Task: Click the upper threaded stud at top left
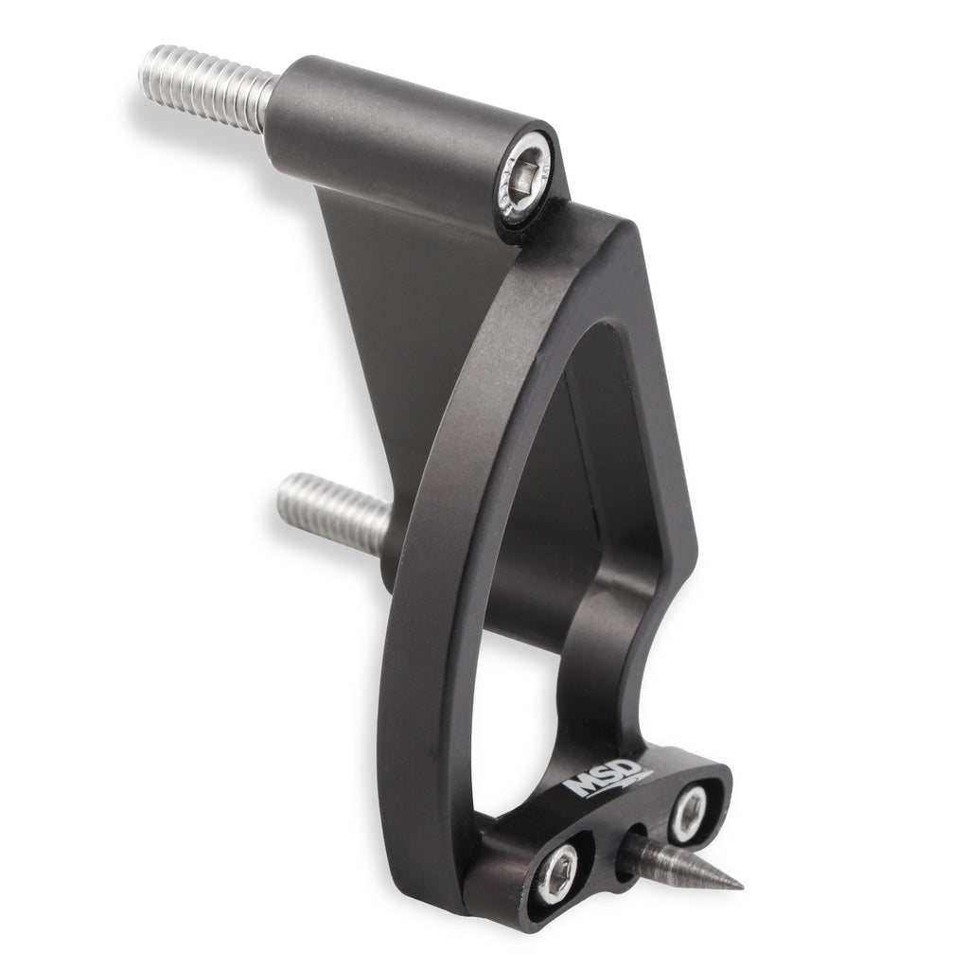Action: (x=207, y=86)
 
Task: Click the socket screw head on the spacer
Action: (x=527, y=185)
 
